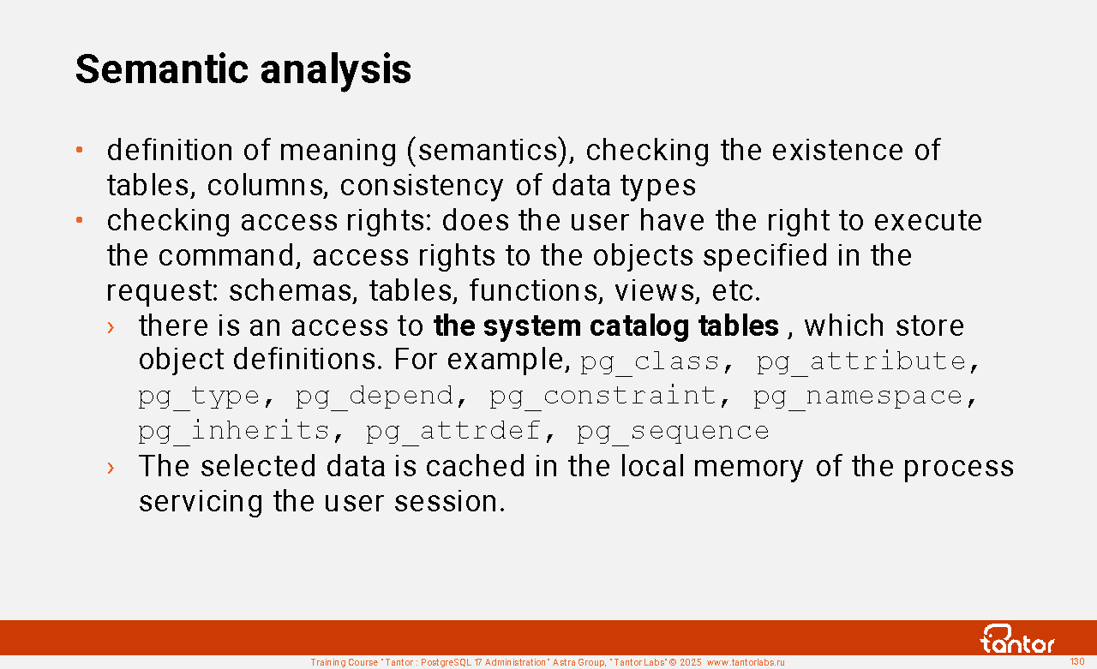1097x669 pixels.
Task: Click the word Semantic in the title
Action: click(162, 69)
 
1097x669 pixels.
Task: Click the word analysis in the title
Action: click(335, 71)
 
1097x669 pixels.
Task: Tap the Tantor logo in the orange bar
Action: click(1017, 639)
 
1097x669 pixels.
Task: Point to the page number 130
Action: click(1077, 661)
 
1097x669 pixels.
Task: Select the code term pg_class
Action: click(650, 362)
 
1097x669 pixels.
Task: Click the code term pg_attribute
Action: click(861, 362)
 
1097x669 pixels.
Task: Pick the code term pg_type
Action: click(199, 397)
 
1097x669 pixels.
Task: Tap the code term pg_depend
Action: click(375, 397)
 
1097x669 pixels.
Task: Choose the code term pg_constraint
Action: click(602, 397)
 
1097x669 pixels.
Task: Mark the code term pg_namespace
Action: click(858, 397)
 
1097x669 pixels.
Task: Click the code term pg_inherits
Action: click(234, 432)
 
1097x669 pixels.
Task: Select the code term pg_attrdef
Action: click(453, 432)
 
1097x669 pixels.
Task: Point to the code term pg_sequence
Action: click(673, 432)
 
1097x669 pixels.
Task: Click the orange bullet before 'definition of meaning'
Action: click(80, 150)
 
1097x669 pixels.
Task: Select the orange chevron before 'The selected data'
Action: click(111, 468)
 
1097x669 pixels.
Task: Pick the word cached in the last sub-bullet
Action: click(475, 466)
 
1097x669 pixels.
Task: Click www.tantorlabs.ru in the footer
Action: click(746, 662)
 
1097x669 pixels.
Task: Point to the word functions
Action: click(534, 290)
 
